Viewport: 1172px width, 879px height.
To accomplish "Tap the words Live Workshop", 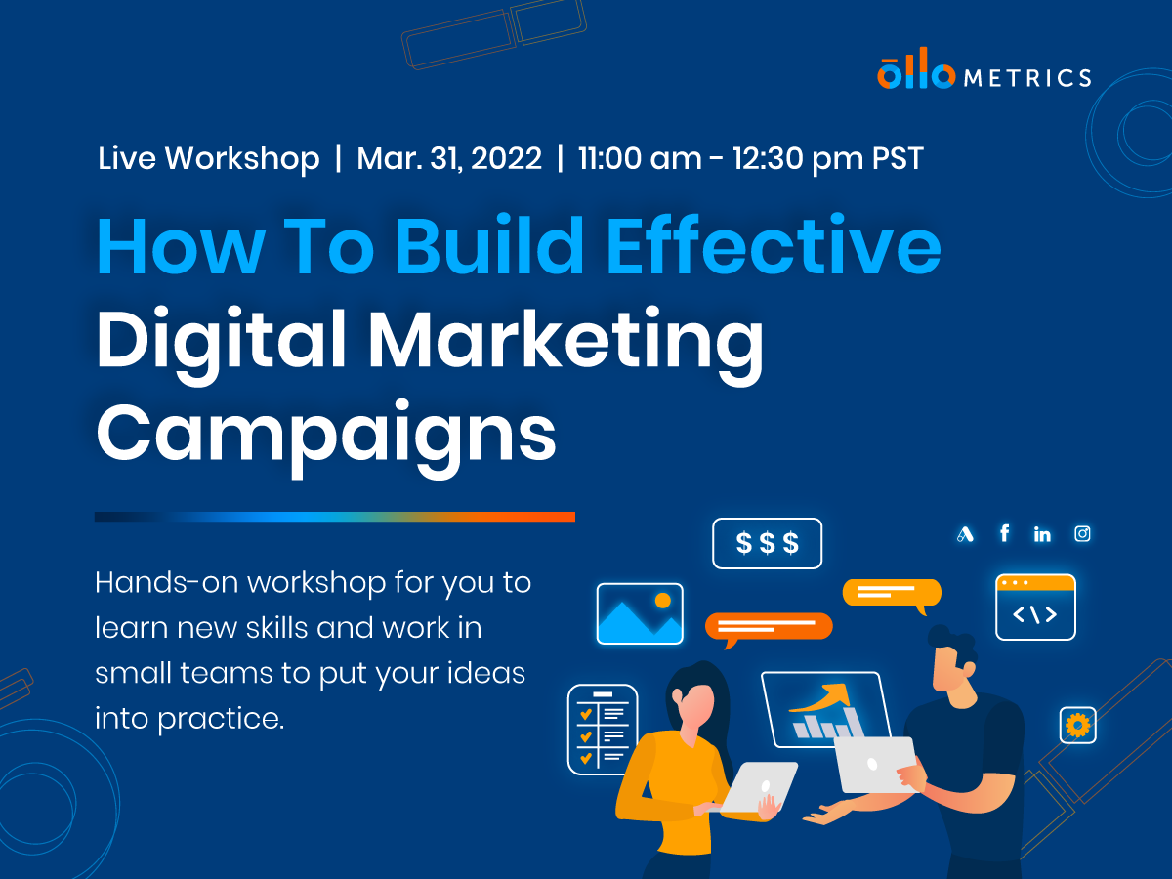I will point(208,158).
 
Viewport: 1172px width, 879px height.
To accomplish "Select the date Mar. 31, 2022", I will point(448,158).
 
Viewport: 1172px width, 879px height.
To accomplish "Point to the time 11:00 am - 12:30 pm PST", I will point(750,158).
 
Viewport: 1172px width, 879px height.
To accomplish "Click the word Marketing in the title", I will point(565,340).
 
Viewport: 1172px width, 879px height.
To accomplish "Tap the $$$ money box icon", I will point(767,543).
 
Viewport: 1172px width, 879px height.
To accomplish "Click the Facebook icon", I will point(1004,533).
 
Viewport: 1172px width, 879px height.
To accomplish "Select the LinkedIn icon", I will point(1042,534).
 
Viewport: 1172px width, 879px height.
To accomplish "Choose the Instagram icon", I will point(1082,533).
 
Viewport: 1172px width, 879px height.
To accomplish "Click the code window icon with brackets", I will point(1035,607).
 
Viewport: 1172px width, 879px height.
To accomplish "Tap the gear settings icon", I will point(1077,725).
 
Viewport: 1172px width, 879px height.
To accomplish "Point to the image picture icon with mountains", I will point(640,613).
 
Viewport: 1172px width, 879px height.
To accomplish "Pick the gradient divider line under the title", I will point(334,516).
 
